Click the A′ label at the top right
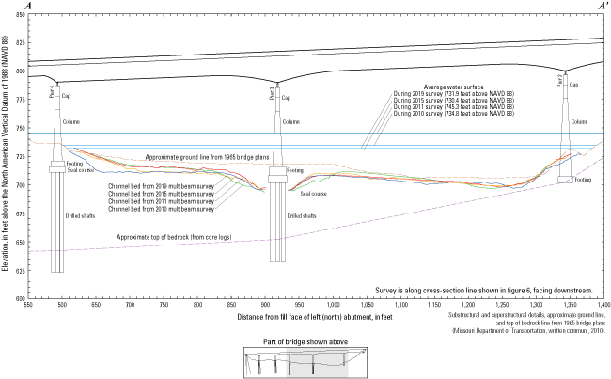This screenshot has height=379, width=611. tap(601, 6)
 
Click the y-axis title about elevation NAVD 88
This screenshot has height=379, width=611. tap(8, 160)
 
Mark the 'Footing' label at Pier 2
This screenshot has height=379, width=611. tap(583, 179)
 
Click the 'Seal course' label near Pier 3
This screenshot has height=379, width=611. tap(313, 194)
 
